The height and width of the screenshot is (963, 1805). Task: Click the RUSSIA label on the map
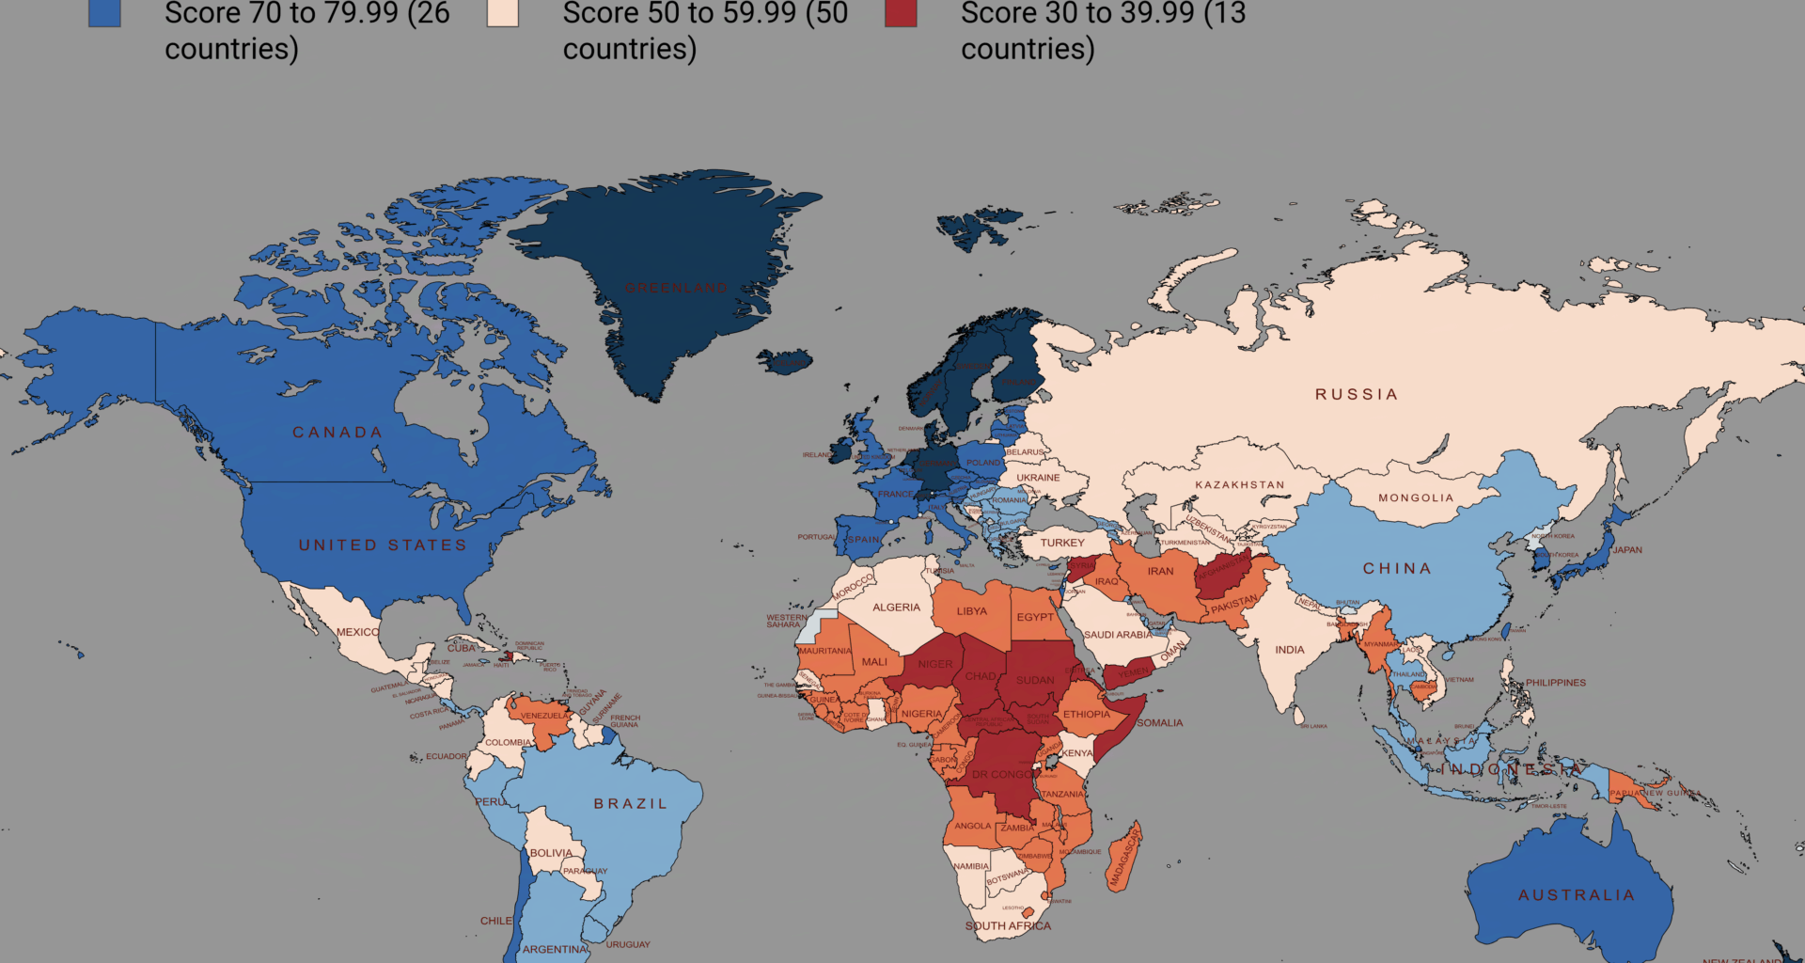pyautogui.click(x=1356, y=394)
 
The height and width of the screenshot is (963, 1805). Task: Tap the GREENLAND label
pyautogui.click(x=676, y=288)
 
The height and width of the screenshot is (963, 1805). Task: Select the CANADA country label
pyautogui.click(x=337, y=433)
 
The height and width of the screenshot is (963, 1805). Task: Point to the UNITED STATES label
pyautogui.click(x=383, y=545)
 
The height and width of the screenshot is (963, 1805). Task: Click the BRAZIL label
pyautogui.click(x=630, y=804)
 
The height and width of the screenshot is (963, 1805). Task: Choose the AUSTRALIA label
pyautogui.click(x=1577, y=895)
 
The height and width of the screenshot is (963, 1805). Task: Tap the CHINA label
pyautogui.click(x=1397, y=569)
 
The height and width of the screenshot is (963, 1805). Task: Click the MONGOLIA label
pyautogui.click(x=1416, y=498)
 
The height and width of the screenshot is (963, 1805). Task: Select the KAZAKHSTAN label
pyautogui.click(x=1239, y=485)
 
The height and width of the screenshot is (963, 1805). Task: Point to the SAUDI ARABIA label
pyautogui.click(x=1118, y=635)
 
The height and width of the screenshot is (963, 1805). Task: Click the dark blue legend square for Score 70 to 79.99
pyautogui.click(x=104, y=12)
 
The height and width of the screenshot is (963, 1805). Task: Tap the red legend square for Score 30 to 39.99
pyautogui.click(x=901, y=12)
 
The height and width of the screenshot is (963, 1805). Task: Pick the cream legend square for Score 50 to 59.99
pyautogui.click(x=503, y=12)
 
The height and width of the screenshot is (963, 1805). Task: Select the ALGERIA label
pyautogui.click(x=896, y=608)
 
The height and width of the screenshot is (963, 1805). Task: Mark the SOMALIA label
pyautogui.click(x=1159, y=723)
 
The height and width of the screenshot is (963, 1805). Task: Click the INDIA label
pyautogui.click(x=1289, y=650)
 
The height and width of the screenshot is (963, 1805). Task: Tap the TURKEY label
pyautogui.click(x=1062, y=543)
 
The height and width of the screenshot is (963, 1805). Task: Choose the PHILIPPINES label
pyautogui.click(x=1555, y=683)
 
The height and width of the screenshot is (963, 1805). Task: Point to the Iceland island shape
pyautogui.click(x=786, y=361)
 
